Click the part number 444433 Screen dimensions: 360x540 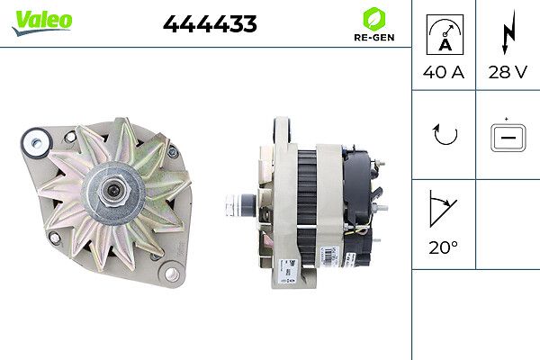210,25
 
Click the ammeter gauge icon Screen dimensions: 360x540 443,33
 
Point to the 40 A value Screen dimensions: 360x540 443,72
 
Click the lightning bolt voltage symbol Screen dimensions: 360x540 507,34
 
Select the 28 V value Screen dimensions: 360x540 507,72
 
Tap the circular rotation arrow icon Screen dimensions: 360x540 444,135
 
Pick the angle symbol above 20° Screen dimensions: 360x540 443,209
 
